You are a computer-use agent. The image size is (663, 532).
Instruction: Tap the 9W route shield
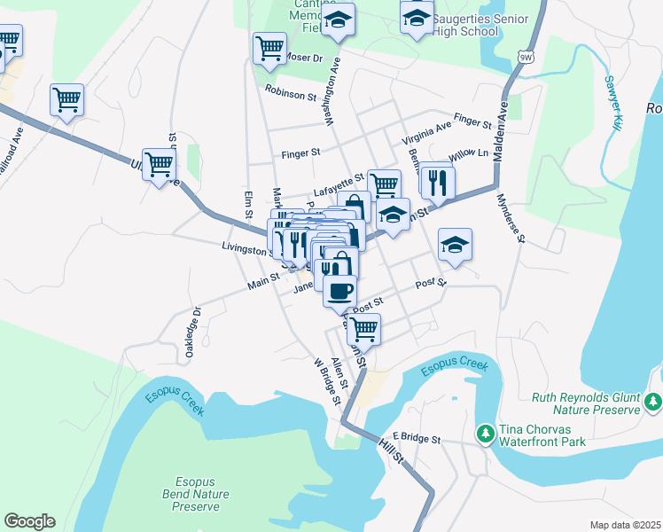coord(528,57)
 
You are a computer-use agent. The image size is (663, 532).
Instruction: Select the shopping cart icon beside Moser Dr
coord(269,48)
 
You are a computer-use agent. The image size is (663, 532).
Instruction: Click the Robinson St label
coord(291,92)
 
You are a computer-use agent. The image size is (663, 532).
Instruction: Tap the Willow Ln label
coord(469,154)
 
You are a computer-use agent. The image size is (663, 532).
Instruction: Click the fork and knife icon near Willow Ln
coord(438,182)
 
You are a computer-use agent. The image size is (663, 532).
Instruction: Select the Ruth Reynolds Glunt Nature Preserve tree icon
coord(653,403)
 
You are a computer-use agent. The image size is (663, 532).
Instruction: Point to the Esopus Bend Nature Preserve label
coord(195,494)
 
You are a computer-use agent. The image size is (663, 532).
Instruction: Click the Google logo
coord(29,521)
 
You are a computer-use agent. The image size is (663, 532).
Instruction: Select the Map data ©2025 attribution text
coord(625,525)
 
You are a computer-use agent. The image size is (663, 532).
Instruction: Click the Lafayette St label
coord(338,187)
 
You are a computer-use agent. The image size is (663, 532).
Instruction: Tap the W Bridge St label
coord(327,380)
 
